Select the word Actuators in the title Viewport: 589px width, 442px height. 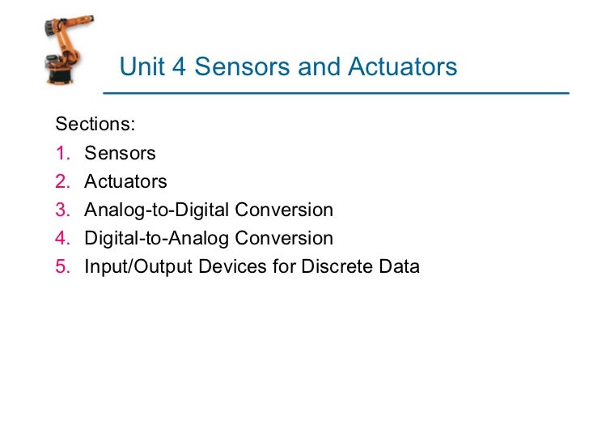pyautogui.click(x=403, y=66)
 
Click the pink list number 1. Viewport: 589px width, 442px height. pyautogui.click(x=61, y=153)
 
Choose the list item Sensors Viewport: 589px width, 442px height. pyautogui.click(x=120, y=153)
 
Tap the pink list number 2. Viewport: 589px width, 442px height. pyautogui.click(x=62, y=181)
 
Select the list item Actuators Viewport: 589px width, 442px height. pyautogui.click(x=125, y=181)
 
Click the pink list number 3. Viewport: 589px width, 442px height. pyautogui.click(x=62, y=210)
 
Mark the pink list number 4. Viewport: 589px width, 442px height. pyautogui.click(x=62, y=238)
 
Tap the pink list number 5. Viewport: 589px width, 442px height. pyautogui.click(x=62, y=266)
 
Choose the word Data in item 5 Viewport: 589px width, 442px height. pyautogui.click(x=399, y=266)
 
